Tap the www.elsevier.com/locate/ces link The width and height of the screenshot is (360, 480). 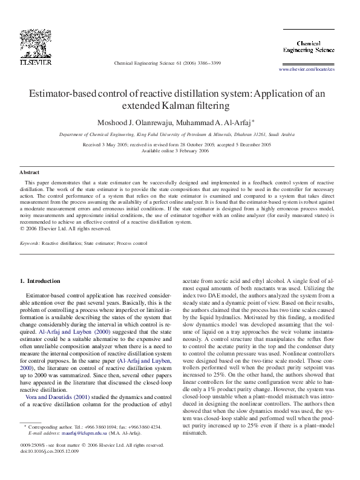tap(306, 70)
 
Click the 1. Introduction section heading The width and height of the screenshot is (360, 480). tap(40, 281)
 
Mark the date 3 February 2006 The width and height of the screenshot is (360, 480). tap(194, 151)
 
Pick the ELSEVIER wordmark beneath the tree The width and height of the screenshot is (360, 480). tap(36, 62)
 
